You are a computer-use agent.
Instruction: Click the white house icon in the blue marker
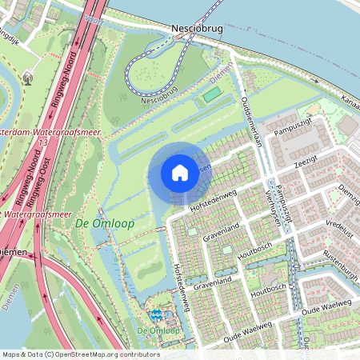click(180, 172)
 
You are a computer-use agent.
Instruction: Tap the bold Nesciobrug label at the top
click(197, 28)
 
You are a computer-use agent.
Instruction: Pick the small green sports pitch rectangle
click(211, 95)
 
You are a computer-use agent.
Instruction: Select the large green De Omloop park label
click(104, 223)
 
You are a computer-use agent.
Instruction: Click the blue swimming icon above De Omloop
click(156, 314)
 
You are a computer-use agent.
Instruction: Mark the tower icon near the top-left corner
click(29, 78)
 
